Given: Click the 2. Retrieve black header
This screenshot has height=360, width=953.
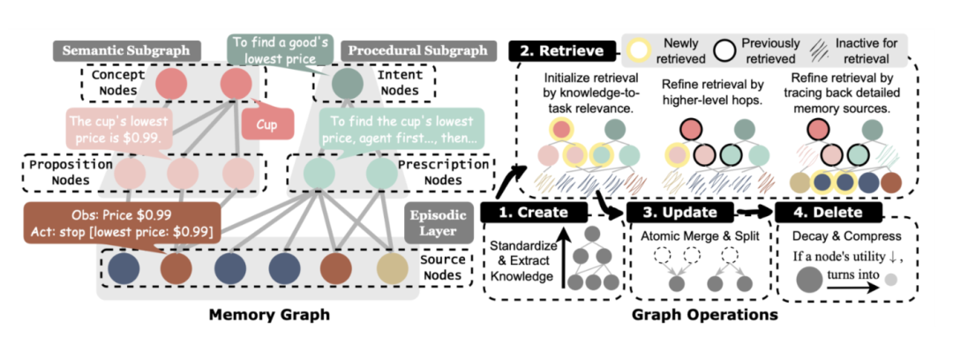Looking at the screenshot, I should tap(562, 50).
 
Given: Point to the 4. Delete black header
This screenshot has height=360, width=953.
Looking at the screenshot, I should tap(826, 213).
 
